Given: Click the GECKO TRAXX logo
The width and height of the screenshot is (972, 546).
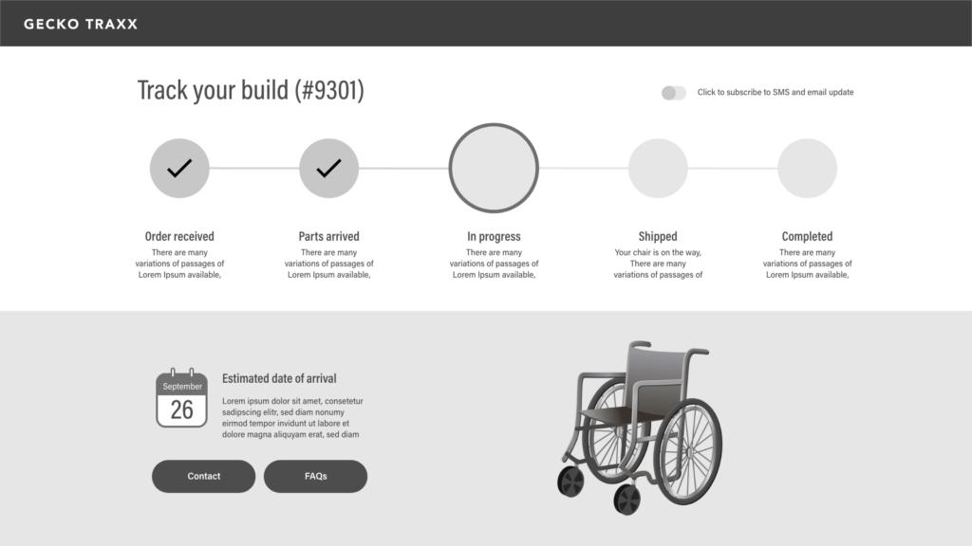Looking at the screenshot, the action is [81, 24].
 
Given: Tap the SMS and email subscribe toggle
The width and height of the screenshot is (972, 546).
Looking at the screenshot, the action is [674, 93].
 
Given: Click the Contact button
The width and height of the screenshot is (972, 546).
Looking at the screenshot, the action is [203, 476].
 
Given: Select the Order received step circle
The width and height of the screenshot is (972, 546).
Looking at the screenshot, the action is [179, 169].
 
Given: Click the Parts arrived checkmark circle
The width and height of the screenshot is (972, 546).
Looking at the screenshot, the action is [329, 169].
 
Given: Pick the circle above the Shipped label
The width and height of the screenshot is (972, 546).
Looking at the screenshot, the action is [659, 169].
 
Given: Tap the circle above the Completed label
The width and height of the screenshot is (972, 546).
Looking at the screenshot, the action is [808, 169].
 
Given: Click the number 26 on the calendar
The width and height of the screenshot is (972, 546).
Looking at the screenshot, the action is [181, 409].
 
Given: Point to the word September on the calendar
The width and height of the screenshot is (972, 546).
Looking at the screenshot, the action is [182, 387].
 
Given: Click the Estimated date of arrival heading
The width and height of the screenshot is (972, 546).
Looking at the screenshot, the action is [279, 378].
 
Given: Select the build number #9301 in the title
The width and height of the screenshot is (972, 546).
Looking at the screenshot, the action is [329, 90].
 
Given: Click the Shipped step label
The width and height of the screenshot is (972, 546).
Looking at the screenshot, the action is [658, 236].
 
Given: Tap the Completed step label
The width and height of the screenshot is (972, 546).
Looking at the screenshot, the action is [807, 236].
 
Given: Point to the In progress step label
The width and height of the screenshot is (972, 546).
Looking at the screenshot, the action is [494, 236].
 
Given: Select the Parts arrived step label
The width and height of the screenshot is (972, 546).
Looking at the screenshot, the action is [329, 236].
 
